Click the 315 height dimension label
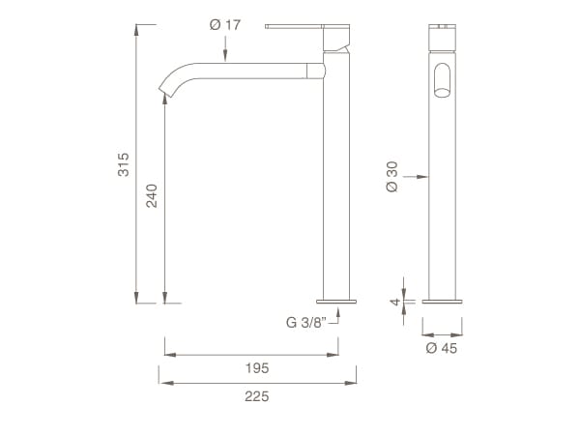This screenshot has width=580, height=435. tap(124, 164)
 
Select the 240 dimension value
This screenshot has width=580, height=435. tap(152, 195)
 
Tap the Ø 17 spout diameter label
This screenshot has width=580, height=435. tap(225, 25)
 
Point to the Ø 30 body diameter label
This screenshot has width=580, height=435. tap(391, 177)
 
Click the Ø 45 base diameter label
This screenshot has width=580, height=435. tap(442, 348)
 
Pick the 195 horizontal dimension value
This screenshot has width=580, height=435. tap(257, 368)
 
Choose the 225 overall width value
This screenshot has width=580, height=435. tap(257, 396)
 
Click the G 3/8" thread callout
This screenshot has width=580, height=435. tap(306, 323)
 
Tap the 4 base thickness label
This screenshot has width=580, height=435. tap(395, 302)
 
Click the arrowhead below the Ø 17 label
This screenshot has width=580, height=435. tap(225, 56)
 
